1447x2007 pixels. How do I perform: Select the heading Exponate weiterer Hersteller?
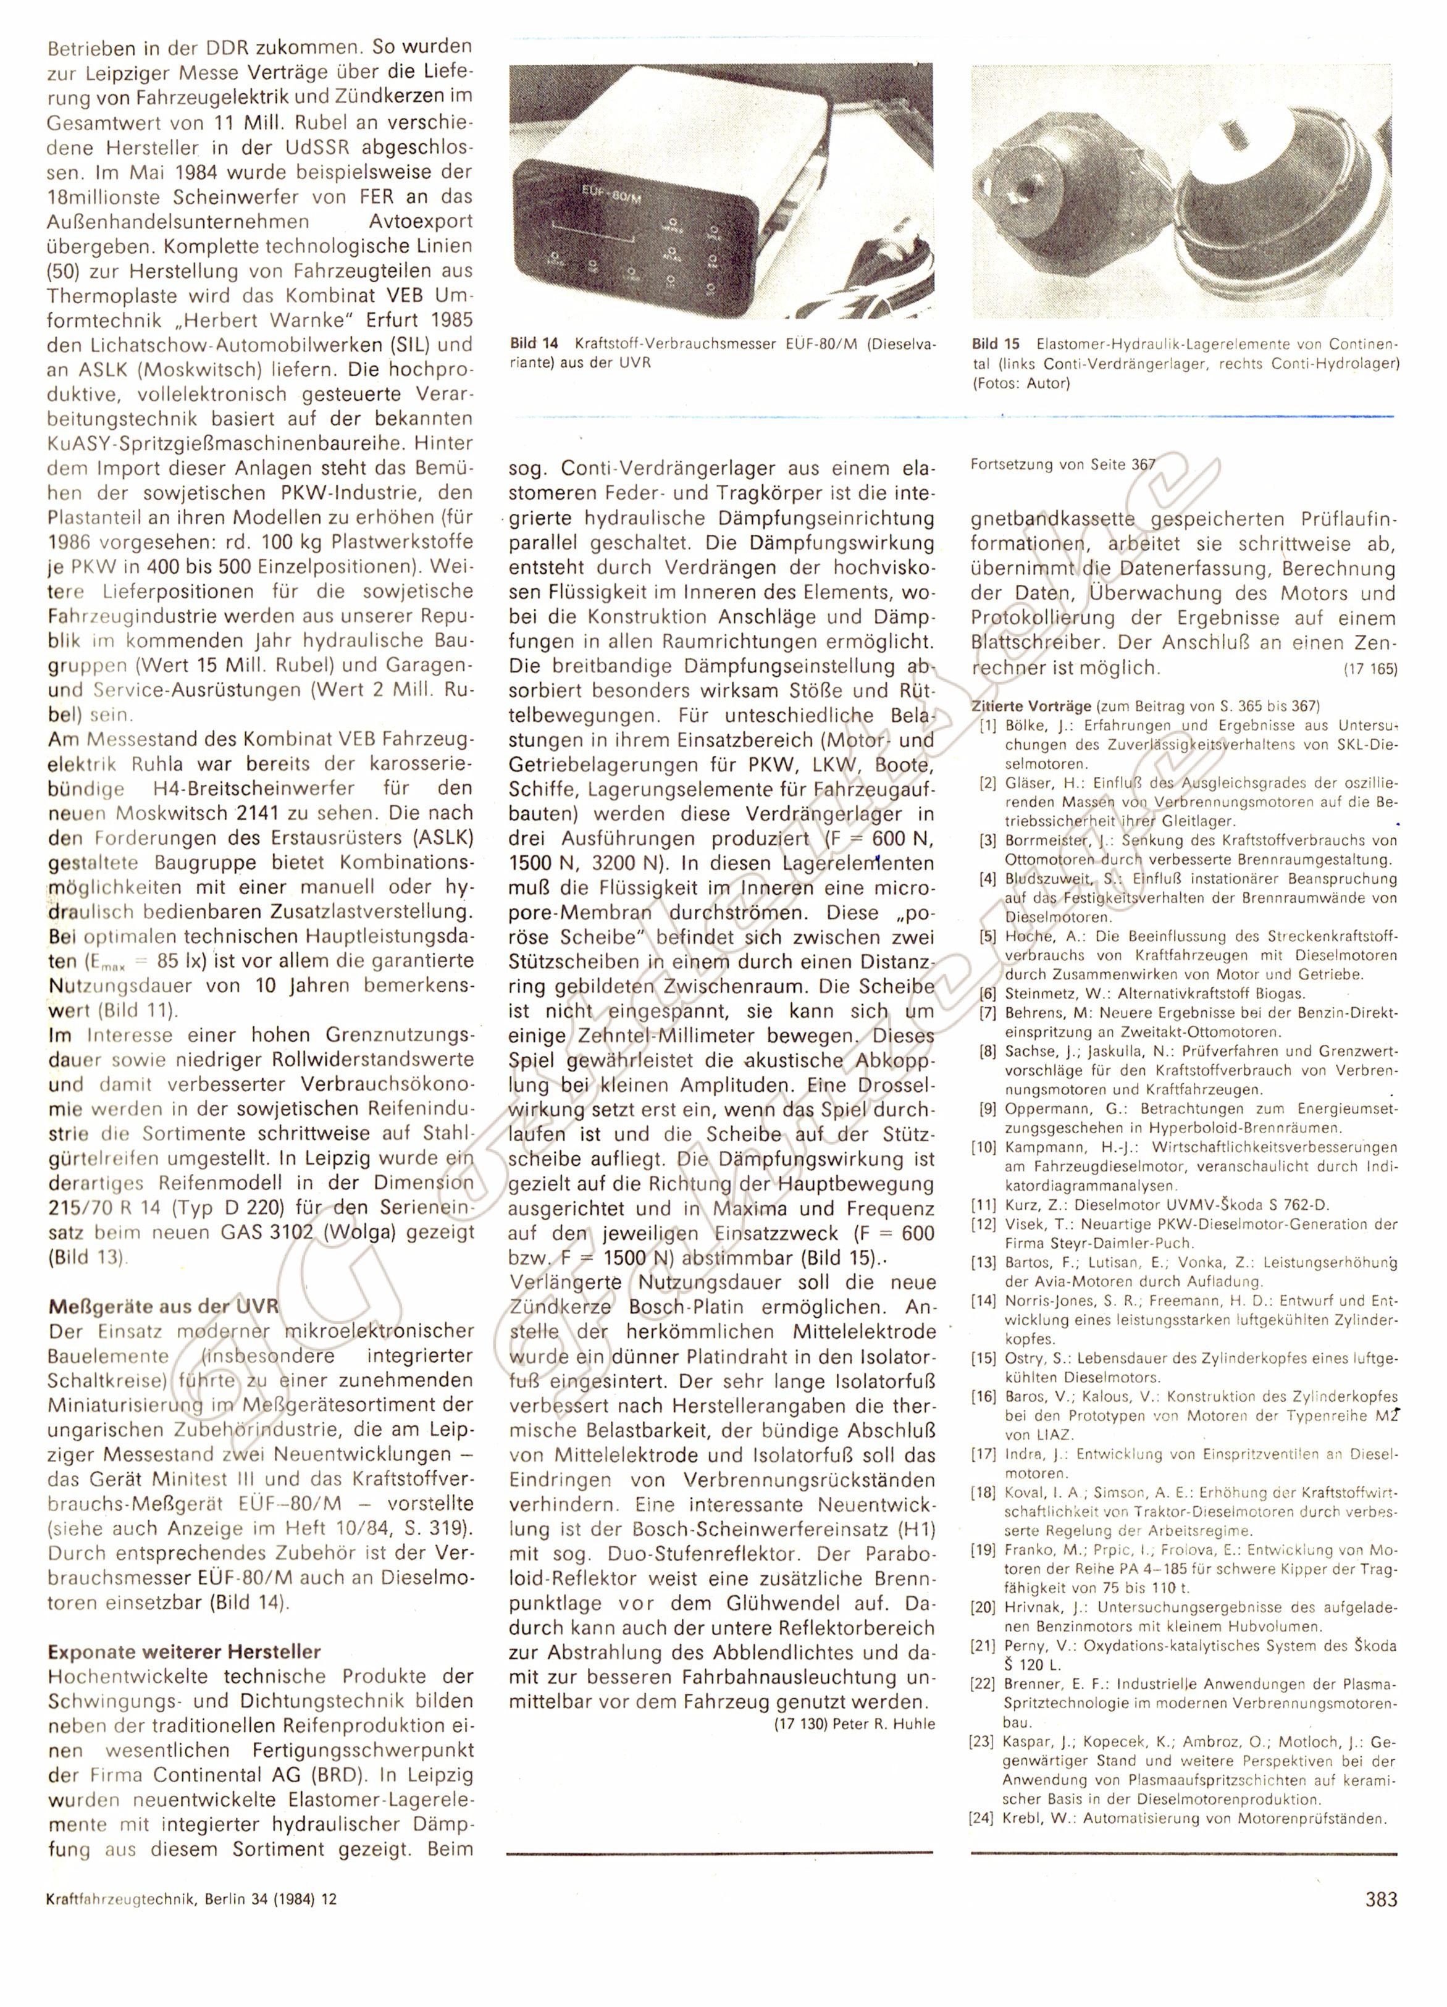tap(184, 1651)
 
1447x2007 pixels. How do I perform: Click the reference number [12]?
tap(985, 1225)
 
